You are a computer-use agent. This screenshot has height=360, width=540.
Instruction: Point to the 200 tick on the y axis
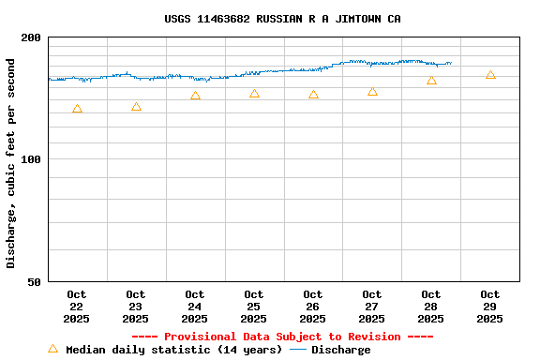[x=32, y=37]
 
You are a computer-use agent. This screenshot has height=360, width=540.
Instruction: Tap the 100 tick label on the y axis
[x=32, y=159]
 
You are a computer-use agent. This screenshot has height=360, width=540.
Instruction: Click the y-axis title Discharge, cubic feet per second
[x=11, y=163]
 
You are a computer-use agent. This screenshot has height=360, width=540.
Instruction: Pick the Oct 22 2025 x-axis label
[x=77, y=307]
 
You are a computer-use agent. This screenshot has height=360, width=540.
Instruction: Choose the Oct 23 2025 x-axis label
[x=136, y=307]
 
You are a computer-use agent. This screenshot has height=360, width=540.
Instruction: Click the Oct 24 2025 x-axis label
[x=195, y=307]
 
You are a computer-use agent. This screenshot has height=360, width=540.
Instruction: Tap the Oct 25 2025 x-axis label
[x=254, y=307]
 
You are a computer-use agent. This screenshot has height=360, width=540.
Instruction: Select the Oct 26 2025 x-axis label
[x=313, y=307]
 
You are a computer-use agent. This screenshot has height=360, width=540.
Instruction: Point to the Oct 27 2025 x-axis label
[x=372, y=307]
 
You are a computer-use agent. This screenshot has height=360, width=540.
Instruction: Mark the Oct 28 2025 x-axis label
[x=431, y=307]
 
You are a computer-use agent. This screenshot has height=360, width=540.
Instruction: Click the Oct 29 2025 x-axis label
[x=490, y=307]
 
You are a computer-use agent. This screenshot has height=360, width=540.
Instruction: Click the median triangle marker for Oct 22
[x=77, y=109]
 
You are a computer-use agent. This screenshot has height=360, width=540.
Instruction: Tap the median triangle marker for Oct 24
[x=195, y=96]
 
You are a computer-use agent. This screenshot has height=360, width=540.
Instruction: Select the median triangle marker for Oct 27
[x=372, y=92]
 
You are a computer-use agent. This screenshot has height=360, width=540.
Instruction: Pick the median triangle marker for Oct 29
[x=490, y=74]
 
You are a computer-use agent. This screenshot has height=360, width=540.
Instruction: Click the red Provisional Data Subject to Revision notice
[x=282, y=337]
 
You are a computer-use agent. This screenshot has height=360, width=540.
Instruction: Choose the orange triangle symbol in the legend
[x=52, y=349]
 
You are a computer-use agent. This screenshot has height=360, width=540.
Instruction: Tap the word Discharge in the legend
[x=340, y=350]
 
